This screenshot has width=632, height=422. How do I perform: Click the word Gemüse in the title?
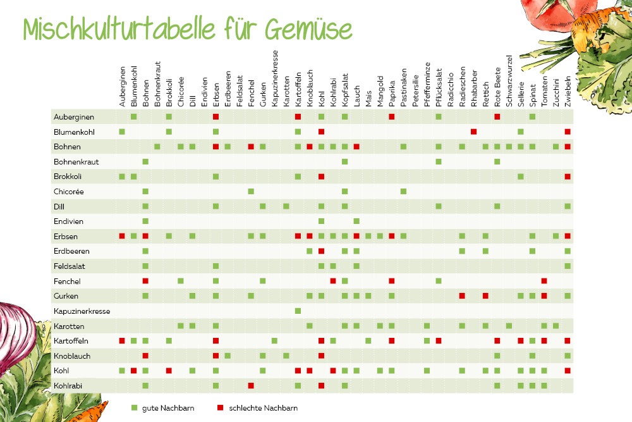point(309,30)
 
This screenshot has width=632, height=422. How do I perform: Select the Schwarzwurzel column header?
point(509,81)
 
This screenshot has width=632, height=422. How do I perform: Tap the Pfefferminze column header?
point(427,84)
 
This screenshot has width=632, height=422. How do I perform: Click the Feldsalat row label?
point(70,266)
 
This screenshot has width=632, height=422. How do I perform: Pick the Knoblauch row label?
point(72,356)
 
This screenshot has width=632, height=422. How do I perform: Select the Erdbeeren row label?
point(71,251)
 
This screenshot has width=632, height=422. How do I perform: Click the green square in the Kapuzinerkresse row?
point(298,311)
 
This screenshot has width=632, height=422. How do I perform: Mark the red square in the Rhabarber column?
point(473,132)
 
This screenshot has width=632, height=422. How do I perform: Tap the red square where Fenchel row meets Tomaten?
point(544,281)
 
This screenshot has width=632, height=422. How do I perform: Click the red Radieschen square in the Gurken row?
point(462,295)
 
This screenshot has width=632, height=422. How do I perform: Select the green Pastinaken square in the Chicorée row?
point(403,191)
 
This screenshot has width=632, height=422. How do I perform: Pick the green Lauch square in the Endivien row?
point(356,221)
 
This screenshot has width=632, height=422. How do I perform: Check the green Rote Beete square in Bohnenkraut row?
point(497,161)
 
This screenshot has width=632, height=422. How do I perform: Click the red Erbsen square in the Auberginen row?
point(216,116)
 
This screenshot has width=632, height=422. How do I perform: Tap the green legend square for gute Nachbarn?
point(134,408)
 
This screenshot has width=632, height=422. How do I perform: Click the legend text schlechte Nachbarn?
point(263,408)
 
